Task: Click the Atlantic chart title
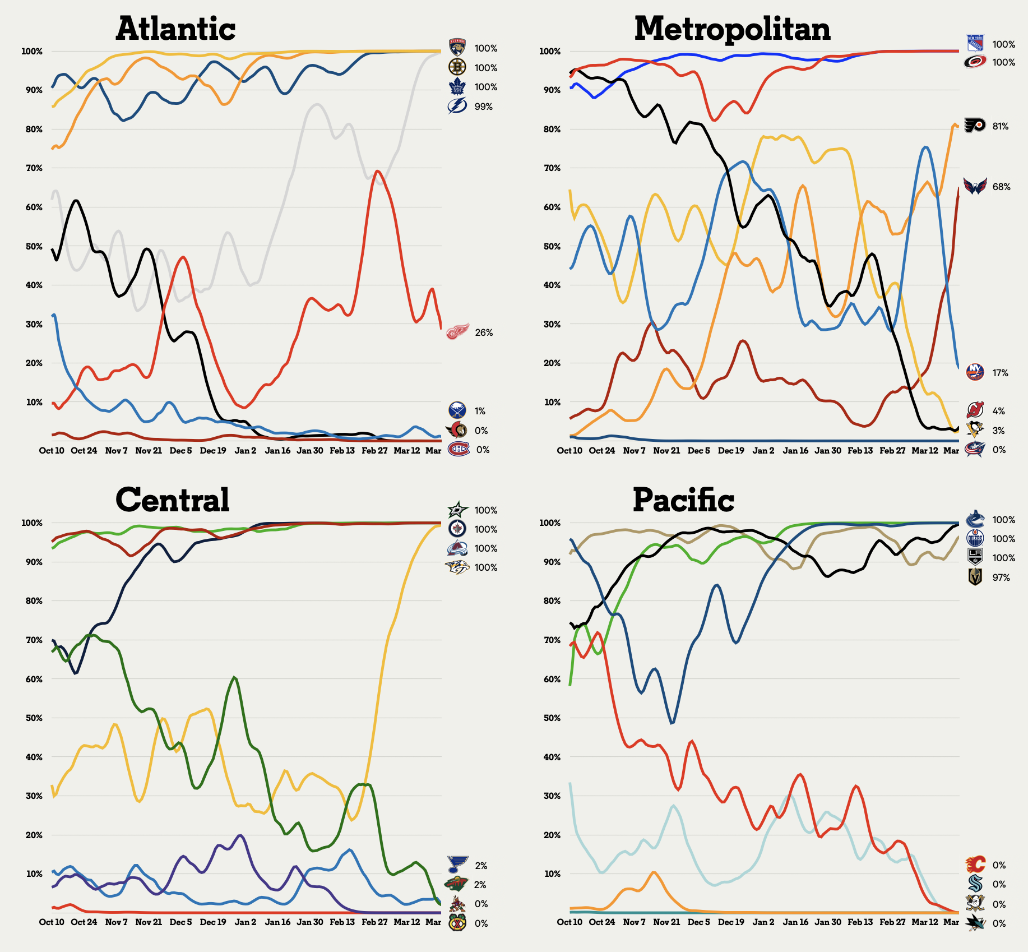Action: pos(175,29)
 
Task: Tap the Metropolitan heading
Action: pos(732,29)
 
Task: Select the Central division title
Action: pos(173,500)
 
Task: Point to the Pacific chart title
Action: pos(683,500)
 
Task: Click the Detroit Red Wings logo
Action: pos(457,332)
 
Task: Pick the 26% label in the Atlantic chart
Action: pos(484,332)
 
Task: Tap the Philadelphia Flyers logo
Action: pos(975,125)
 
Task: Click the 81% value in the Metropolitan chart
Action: pos(1001,127)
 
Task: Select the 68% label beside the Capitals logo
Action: pos(1001,187)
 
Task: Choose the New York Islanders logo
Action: pos(975,372)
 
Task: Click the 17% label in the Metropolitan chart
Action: pos(1000,373)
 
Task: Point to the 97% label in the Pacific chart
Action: pos(1001,577)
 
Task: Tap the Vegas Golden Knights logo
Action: pos(975,577)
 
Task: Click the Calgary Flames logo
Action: pos(975,865)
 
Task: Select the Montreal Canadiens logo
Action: pos(458,449)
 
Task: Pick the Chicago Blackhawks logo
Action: pos(457,923)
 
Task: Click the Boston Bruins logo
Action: pos(457,67)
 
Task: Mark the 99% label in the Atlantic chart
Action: pos(483,107)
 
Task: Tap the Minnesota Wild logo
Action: pos(457,884)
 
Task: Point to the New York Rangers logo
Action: pos(975,43)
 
